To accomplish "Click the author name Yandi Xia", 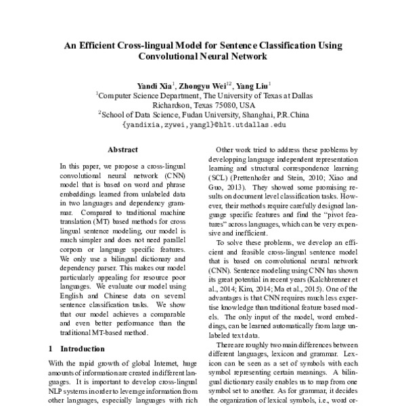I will click(x=155, y=86).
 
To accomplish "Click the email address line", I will click(x=203, y=125).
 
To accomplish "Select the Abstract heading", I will click(x=123, y=150).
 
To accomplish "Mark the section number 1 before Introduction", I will click(x=52, y=349).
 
